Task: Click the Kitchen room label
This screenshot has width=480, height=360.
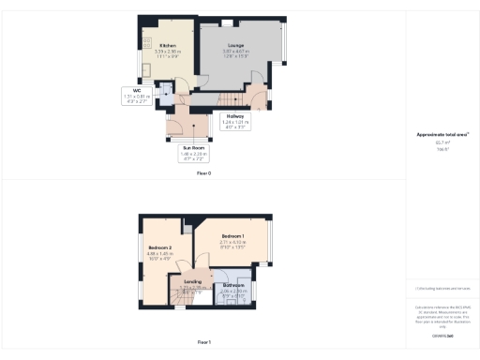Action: [168, 45]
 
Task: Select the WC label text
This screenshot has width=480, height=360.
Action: [136, 91]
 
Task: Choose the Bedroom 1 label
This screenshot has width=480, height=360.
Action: [232, 235]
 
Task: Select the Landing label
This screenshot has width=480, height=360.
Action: [191, 280]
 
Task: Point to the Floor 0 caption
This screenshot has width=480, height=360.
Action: [203, 174]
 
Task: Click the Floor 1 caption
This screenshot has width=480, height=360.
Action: [203, 341]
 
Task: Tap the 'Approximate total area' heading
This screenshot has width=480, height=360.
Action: [442, 134]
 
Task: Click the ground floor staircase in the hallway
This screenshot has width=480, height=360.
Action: [232, 97]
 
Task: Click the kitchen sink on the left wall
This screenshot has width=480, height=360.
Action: [147, 70]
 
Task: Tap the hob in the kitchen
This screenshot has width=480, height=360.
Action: [147, 41]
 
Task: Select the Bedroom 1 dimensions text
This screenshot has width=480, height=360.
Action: [232, 244]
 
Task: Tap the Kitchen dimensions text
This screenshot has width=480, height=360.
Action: [168, 53]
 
